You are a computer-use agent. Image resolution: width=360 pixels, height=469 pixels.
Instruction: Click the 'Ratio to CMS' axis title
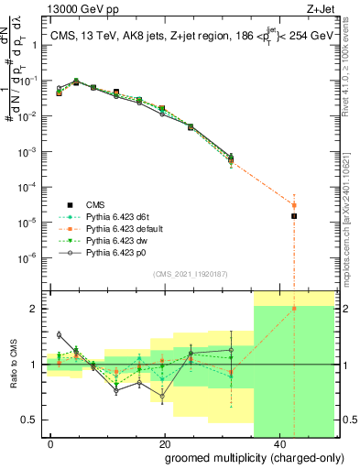tap(13, 365)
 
